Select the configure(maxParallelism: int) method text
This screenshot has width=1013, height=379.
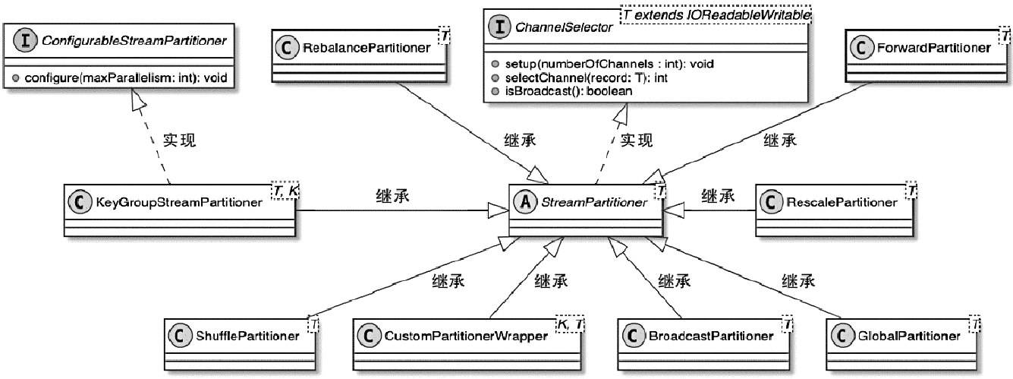[x=125, y=78]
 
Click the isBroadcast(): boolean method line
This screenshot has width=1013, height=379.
[x=562, y=90]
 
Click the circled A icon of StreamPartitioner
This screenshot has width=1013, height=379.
[x=524, y=203]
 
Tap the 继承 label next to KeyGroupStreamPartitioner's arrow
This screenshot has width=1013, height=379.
[x=392, y=196]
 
